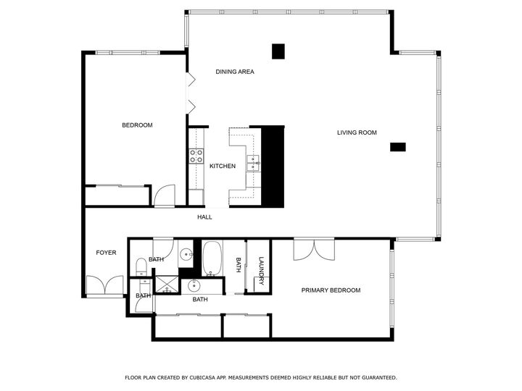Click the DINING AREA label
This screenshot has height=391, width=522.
coord(235,72)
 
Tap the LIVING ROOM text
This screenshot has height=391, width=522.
coord(357,133)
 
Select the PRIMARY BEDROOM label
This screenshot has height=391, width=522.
coord(331,290)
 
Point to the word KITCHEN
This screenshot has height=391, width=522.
coord(223,167)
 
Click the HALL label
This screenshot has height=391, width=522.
coord(204,217)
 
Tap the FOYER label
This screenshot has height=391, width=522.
coord(106,253)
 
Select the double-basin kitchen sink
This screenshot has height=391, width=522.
coord(254,162)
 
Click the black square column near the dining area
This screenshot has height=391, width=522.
coord(278,51)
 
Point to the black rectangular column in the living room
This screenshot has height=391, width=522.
coord(398,147)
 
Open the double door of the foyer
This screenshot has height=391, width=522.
coord(104,286)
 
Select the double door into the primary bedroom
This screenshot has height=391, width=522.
coord(313,249)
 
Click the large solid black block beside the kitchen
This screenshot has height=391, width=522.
coord(272,165)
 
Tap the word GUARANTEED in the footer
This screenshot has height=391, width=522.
coord(375,378)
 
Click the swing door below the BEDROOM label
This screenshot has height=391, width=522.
coord(165,195)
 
